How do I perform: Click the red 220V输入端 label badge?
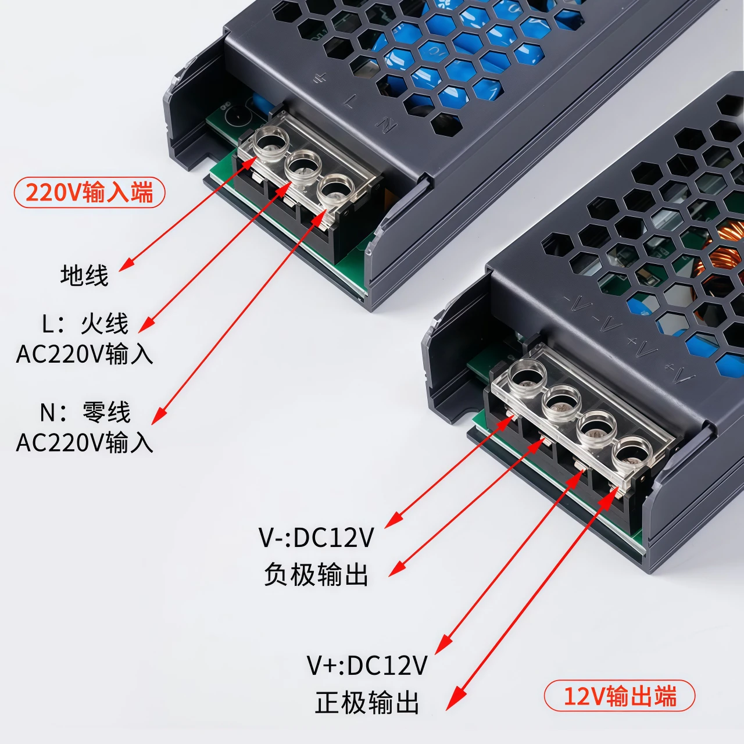tap(90, 192)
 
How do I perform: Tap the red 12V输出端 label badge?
tap(620, 695)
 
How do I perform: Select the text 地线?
tap(84, 275)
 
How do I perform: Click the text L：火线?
tap(85, 323)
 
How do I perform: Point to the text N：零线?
tap(85, 412)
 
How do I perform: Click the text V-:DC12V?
tap(316, 538)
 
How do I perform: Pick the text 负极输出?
tap(316, 574)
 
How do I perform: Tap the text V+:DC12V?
tap(367, 666)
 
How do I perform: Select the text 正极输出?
tap(367, 702)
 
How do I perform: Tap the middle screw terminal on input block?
tap(303, 166)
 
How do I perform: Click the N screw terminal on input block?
tap(335, 189)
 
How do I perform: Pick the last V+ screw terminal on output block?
tap(632, 452)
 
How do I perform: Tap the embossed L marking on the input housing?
tap(350, 101)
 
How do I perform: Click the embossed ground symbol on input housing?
tap(319, 79)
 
